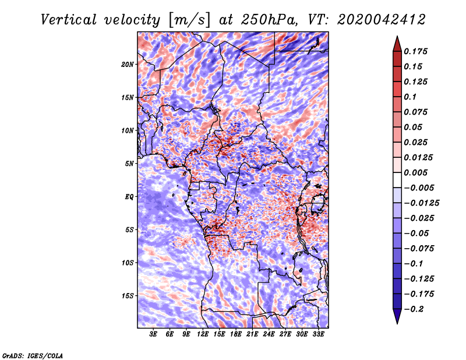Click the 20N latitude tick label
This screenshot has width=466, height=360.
(x=128, y=64)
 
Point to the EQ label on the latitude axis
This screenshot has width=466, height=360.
(x=129, y=197)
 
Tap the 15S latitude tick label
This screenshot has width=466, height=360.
(x=128, y=296)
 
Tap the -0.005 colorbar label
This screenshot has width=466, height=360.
(x=419, y=188)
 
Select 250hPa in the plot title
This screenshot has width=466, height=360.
(x=270, y=20)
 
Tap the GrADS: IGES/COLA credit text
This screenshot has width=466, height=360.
(x=32, y=355)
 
